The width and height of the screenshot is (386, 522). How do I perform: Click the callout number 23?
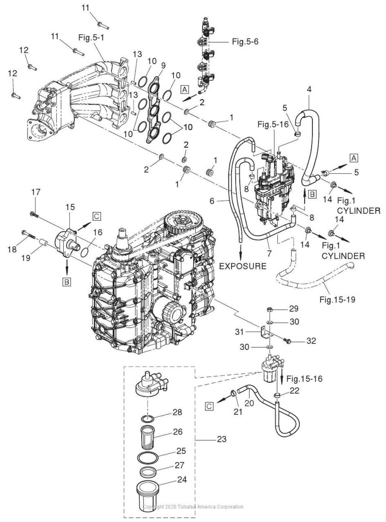pos(221,439)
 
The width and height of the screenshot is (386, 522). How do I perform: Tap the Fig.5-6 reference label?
pos(245,42)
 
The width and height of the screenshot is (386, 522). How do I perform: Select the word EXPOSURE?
pos(243,266)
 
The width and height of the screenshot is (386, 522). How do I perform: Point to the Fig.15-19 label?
pos(337,299)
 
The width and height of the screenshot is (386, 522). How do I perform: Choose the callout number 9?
pos(163,66)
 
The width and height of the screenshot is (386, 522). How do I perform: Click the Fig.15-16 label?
pos(304,378)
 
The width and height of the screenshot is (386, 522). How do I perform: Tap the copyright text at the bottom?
pos(193,507)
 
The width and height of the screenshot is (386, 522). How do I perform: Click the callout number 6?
pos(212,201)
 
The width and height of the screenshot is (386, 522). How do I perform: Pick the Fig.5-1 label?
pos(91,38)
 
